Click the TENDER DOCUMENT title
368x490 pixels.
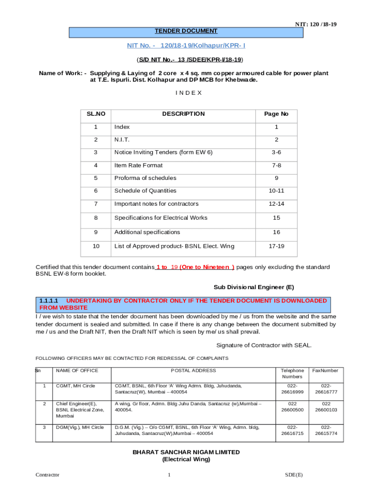point(186,31)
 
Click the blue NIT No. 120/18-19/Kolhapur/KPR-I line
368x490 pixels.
point(186,45)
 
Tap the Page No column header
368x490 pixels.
point(276,114)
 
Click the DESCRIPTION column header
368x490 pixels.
point(183,114)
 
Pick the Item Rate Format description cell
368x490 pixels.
point(139,165)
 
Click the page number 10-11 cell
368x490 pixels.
point(276,190)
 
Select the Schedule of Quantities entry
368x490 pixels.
point(145,190)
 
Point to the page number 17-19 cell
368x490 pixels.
point(276,246)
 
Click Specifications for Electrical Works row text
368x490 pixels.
point(161,218)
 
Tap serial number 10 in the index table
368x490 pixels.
point(96,246)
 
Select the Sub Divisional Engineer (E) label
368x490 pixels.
point(253,287)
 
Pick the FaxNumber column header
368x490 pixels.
point(325,370)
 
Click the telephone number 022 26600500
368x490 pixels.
point(292,407)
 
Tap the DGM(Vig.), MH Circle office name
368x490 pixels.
point(80,427)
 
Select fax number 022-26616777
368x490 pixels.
point(326,389)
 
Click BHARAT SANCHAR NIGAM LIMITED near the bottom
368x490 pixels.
point(186,452)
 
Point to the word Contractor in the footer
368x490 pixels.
point(47,475)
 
